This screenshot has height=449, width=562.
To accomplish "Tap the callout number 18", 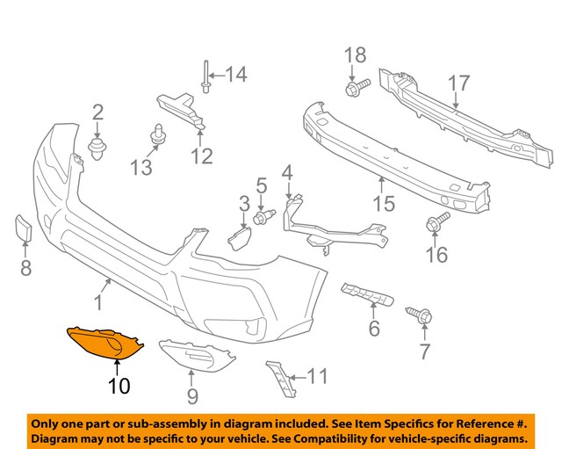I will coord(354,56).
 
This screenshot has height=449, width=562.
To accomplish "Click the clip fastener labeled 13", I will coord(159,134).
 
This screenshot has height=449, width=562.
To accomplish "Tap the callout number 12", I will coord(202,157).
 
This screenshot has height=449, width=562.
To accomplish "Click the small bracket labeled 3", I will coord(239,237).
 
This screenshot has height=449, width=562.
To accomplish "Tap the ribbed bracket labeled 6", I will coord(365,295).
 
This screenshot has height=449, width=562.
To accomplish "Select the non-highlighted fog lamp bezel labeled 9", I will coord(198,360).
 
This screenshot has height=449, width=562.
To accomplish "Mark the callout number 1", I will coord(98,302).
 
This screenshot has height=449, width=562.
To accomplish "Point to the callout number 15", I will coord(383,206).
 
